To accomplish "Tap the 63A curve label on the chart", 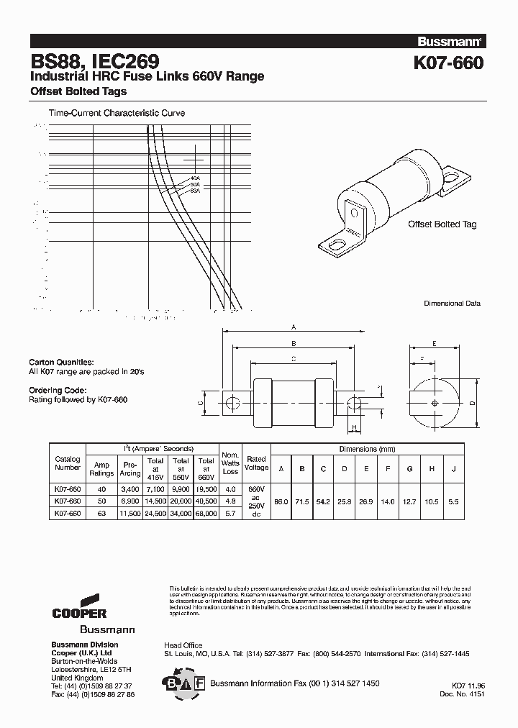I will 194,191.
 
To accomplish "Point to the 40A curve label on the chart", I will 195,178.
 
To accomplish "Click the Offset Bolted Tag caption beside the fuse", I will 442,224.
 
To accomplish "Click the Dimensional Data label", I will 452,304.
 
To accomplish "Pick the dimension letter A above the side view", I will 294,324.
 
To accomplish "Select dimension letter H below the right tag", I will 353,429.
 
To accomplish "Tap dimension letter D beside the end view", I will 473,404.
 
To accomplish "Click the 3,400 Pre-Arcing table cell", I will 130,489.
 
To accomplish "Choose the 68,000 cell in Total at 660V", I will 206,514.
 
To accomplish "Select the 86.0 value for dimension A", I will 281,501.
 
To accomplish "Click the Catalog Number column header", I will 68,463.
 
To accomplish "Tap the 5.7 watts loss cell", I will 230,514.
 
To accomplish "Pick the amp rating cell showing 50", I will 101,501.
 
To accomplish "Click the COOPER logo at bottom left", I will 79,608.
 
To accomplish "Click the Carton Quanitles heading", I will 61,362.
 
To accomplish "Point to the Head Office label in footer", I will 183,645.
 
